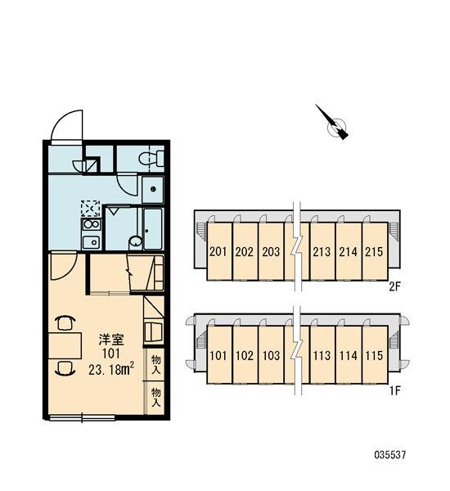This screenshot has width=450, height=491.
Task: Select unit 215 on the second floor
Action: (x=374, y=251)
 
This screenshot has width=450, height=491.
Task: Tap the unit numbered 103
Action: (x=271, y=355)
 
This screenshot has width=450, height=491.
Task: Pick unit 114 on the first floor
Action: (x=349, y=355)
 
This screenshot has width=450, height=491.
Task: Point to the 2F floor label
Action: (x=395, y=286)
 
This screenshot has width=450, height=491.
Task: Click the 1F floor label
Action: (x=395, y=390)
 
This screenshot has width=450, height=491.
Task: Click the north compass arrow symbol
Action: (x=333, y=123)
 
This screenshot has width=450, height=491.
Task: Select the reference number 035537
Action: (x=390, y=455)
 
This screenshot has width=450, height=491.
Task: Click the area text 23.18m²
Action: (x=111, y=370)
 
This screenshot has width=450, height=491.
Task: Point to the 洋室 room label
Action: (x=111, y=339)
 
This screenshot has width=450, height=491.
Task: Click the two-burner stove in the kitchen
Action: (x=91, y=224)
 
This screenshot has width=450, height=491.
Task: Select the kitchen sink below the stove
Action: (x=91, y=242)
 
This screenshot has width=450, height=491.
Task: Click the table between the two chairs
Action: (x=65, y=345)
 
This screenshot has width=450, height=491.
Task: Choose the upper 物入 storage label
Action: (x=155, y=365)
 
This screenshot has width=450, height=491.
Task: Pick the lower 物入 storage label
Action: (x=155, y=398)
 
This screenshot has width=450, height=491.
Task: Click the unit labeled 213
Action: (x=322, y=251)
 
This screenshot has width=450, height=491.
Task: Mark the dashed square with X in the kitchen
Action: (x=91, y=209)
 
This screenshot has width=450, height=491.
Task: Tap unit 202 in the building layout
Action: (x=245, y=251)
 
